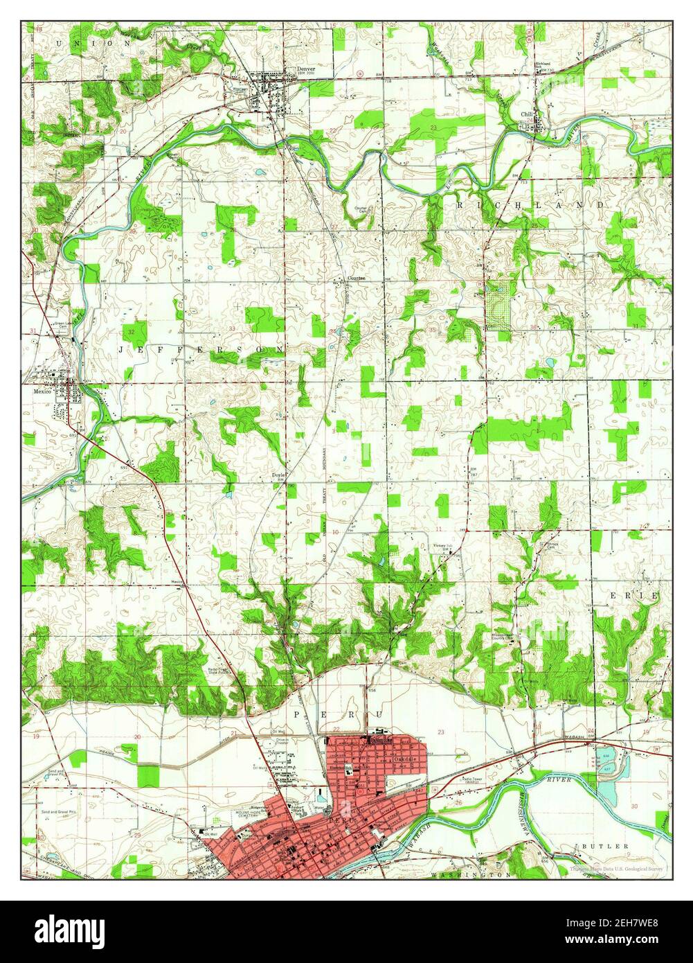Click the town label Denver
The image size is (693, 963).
305,69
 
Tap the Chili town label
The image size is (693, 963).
528,113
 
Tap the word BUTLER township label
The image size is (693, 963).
605,846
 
